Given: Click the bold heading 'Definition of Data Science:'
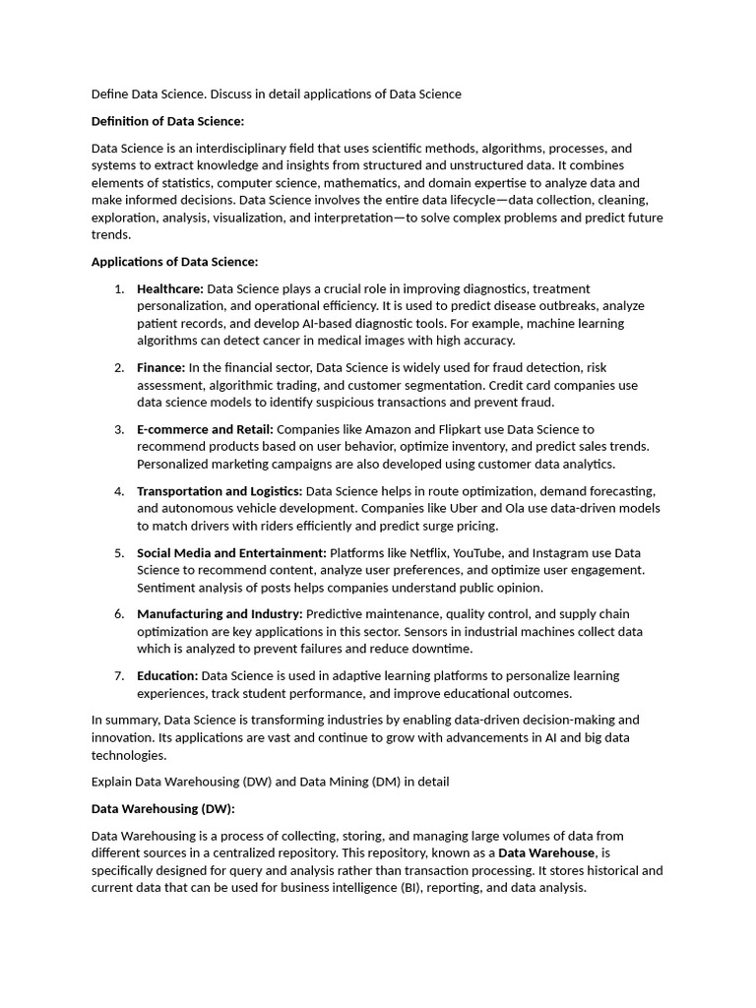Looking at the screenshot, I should (x=167, y=121).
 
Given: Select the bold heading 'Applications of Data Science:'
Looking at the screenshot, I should (x=174, y=262).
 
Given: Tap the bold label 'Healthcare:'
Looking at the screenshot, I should (x=170, y=288).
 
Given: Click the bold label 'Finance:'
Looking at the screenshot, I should (x=160, y=367).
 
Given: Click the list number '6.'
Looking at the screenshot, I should (x=118, y=614).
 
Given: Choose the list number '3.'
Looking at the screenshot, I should (x=118, y=429).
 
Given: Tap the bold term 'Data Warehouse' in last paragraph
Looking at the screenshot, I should (x=546, y=852).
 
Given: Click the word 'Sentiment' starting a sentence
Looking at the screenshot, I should (x=165, y=588).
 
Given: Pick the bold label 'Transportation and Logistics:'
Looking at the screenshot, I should (x=220, y=490).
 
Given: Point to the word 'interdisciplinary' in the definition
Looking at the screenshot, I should (x=235, y=148).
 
